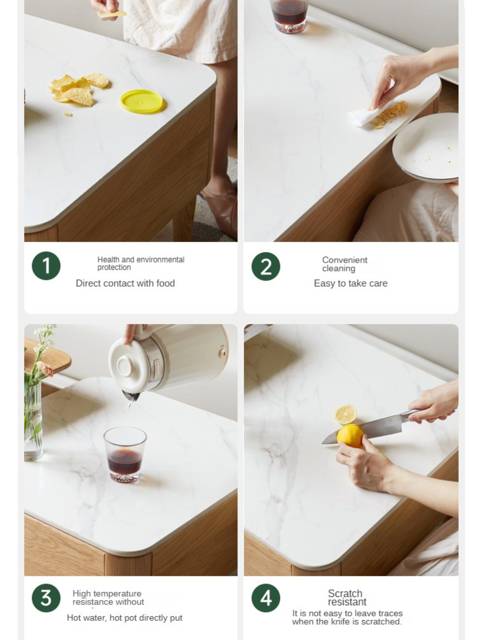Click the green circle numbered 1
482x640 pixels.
coord(46,265)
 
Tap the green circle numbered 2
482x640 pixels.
coord(265,266)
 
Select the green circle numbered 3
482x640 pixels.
coord(46,598)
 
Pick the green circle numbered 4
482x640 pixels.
coord(265,598)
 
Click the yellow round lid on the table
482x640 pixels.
coord(142,101)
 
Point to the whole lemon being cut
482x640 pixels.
coord(350,436)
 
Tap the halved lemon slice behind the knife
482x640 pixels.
coord(346,414)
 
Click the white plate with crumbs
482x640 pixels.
coord(426,146)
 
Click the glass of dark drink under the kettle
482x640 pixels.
coord(125,454)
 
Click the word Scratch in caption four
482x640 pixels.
coord(345,593)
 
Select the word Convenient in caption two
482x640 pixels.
coord(345,260)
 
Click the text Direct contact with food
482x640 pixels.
coord(125,283)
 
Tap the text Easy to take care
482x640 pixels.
coord(350,283)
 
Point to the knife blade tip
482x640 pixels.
coord(322,444)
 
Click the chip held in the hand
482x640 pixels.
coord(111,14)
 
